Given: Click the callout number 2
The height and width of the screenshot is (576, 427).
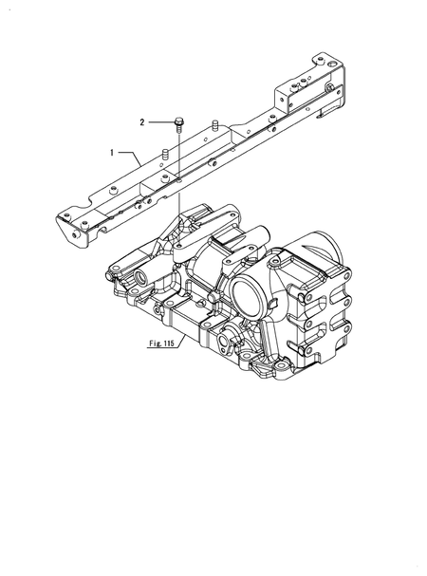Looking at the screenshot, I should [x=142, y=121].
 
